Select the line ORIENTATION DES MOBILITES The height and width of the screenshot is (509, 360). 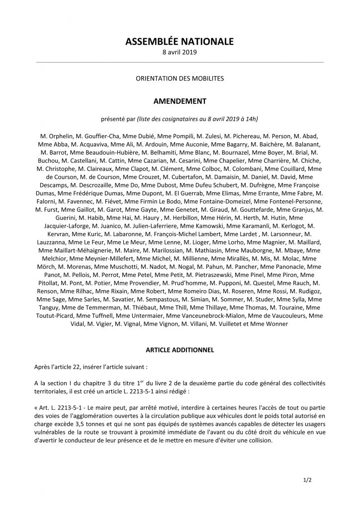[180, 79]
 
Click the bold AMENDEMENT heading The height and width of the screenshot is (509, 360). [180, 101]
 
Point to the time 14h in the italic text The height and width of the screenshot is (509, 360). [252, 119]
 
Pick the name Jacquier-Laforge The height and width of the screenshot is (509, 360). [61, 225]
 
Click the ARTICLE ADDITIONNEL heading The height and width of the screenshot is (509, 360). [180, 350]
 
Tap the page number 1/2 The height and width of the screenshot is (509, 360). [307, 481]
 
